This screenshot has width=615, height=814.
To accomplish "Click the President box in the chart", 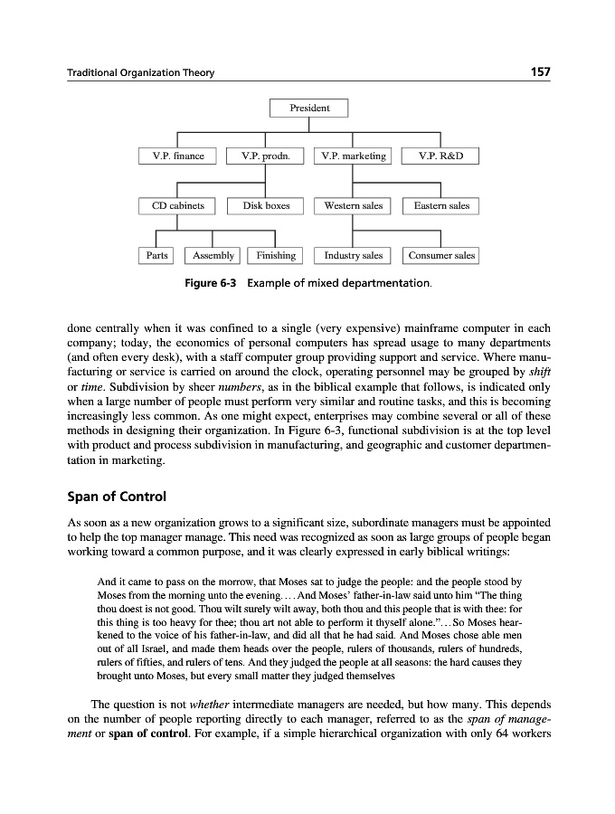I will (309, 109).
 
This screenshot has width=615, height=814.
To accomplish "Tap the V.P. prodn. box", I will (265, 156).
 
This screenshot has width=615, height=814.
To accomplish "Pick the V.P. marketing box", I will (354, 156).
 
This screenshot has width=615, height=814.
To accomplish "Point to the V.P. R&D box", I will (441, 156).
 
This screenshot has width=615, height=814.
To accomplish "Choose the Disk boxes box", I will (266, 206).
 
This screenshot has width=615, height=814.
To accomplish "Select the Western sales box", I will (354, 206).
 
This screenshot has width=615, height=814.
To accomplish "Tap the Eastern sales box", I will (441, 206).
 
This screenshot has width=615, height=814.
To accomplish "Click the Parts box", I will (157, 256).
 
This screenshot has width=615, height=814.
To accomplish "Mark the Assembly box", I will (213, 256).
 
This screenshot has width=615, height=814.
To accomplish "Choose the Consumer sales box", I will (441, 256).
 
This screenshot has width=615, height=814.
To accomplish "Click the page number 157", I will (538, 72).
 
